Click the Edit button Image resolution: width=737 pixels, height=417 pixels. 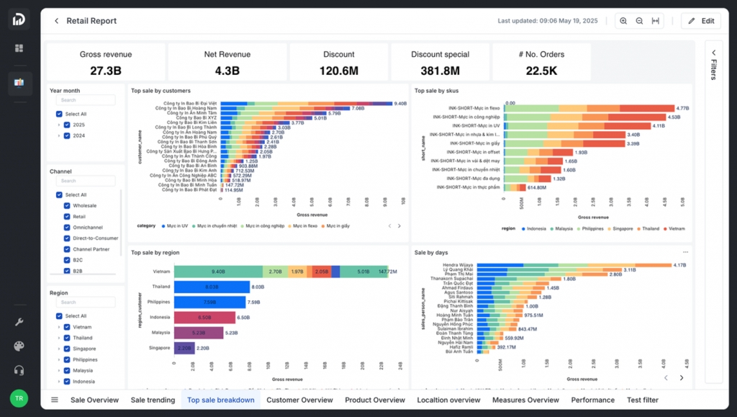click(700, 21)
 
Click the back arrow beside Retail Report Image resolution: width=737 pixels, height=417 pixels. click(56, 21)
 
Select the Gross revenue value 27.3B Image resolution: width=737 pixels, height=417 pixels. click(106, 71)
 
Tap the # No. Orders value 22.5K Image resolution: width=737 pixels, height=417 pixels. click(541, 71)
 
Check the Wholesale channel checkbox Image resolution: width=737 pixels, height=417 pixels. click(67, 206)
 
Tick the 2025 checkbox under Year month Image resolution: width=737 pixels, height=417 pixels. click(67, 125)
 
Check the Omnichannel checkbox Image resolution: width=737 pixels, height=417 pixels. click(67, 228)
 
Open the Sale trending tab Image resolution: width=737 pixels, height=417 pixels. click(153, 400)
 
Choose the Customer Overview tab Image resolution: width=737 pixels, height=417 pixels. click(299, 400)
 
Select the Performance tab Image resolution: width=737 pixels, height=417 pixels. click(592, 400)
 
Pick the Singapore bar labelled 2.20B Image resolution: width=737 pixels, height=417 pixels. click(184, 348)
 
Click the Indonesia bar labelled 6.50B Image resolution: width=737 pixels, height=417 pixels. click(204, 317)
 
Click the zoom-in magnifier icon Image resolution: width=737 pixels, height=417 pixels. click(623, 21)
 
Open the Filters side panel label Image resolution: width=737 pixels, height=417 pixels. click(713, 69)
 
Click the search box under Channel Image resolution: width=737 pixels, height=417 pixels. click(85, 181)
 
